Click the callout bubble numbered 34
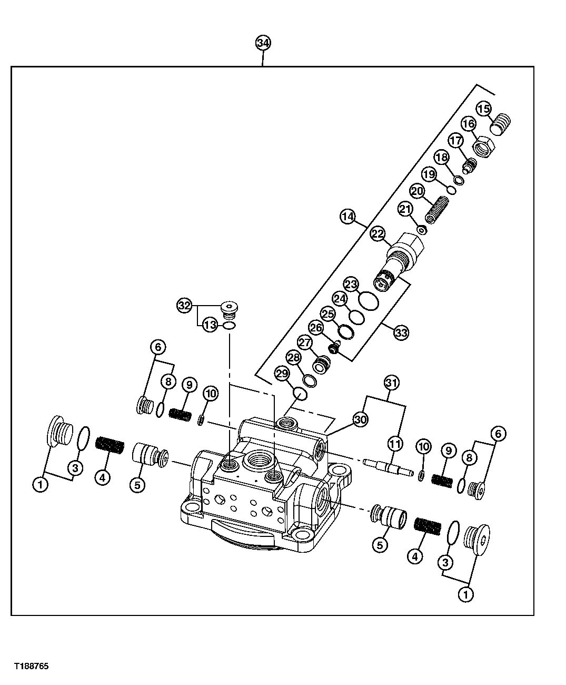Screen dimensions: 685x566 [x=263, y=43]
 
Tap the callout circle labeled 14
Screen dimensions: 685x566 [x=347, y=216]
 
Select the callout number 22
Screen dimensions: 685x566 [x=378, y=234]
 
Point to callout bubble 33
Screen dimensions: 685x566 [x=401, y=332]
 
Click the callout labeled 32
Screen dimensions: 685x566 [x=184, y=305]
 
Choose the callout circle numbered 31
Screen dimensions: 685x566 [x=390, y=382]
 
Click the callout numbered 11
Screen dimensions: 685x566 [x=395, y=444]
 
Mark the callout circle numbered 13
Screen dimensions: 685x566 [x=210, y=326]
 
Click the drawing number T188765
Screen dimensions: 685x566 [x=32, y=667]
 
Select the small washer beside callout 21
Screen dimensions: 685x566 [x=421, y=230]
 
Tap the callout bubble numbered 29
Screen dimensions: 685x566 [x=282, y=374]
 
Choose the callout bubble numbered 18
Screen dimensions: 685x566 [x=442, y=158]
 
